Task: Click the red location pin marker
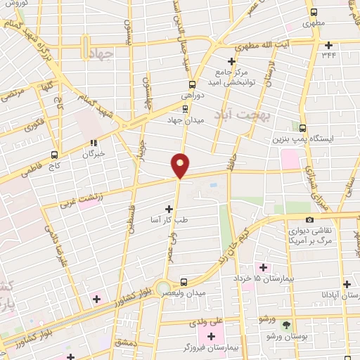[181, 165]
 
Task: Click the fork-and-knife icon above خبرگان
[94, 143]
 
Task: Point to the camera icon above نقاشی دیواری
[309, 220]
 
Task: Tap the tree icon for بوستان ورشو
[286, 324]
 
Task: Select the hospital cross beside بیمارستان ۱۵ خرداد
[263, 267]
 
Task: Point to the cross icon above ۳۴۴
[328, 45]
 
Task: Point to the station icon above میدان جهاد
[185, 109]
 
